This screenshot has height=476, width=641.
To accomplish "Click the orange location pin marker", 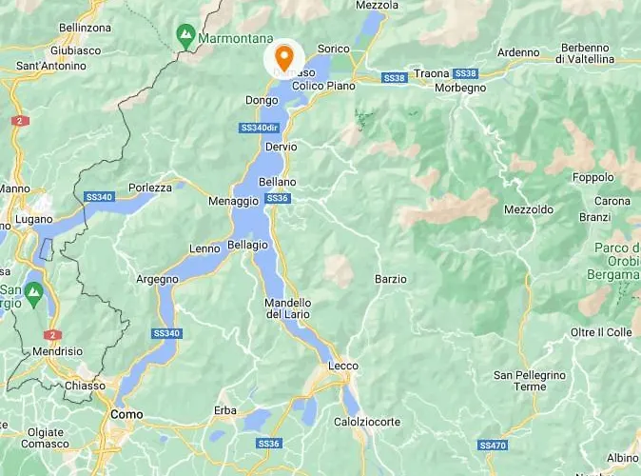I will (283, 55).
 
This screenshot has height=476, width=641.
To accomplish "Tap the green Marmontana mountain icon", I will (185, 39).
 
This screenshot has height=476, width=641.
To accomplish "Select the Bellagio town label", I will (248, 245).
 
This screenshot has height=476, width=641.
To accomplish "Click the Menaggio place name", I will (234, 201).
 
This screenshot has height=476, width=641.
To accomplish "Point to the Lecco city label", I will (342, 366).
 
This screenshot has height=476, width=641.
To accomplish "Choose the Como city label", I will (126, 414).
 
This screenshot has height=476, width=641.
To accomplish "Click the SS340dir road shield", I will (259, 128).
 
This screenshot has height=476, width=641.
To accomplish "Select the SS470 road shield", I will (493, 445).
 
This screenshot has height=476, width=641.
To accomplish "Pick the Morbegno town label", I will (460, 88).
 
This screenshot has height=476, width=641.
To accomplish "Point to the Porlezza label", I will (150, 188).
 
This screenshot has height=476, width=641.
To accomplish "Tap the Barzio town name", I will (391, 279).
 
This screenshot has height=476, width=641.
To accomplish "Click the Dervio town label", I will (282, 147).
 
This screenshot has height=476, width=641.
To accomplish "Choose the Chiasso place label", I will (85, 386).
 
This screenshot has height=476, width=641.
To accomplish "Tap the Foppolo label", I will (594, 177).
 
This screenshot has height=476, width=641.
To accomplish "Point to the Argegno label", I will (157, 279).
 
